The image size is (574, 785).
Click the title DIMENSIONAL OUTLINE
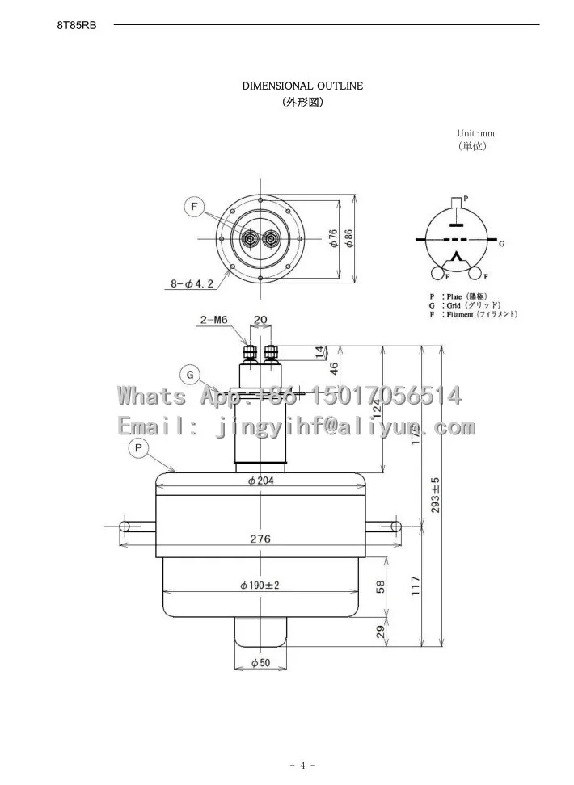302,86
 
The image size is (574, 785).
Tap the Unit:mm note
475,133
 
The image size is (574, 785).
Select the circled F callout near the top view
195,207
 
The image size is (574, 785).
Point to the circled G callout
189,375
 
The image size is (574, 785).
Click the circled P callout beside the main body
138,447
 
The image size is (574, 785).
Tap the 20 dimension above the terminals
260,320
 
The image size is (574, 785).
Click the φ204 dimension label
260,481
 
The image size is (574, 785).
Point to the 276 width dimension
260,539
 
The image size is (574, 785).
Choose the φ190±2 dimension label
260,585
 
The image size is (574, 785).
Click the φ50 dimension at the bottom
260,663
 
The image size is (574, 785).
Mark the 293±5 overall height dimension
435,495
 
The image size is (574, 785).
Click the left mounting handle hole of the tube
125,525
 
